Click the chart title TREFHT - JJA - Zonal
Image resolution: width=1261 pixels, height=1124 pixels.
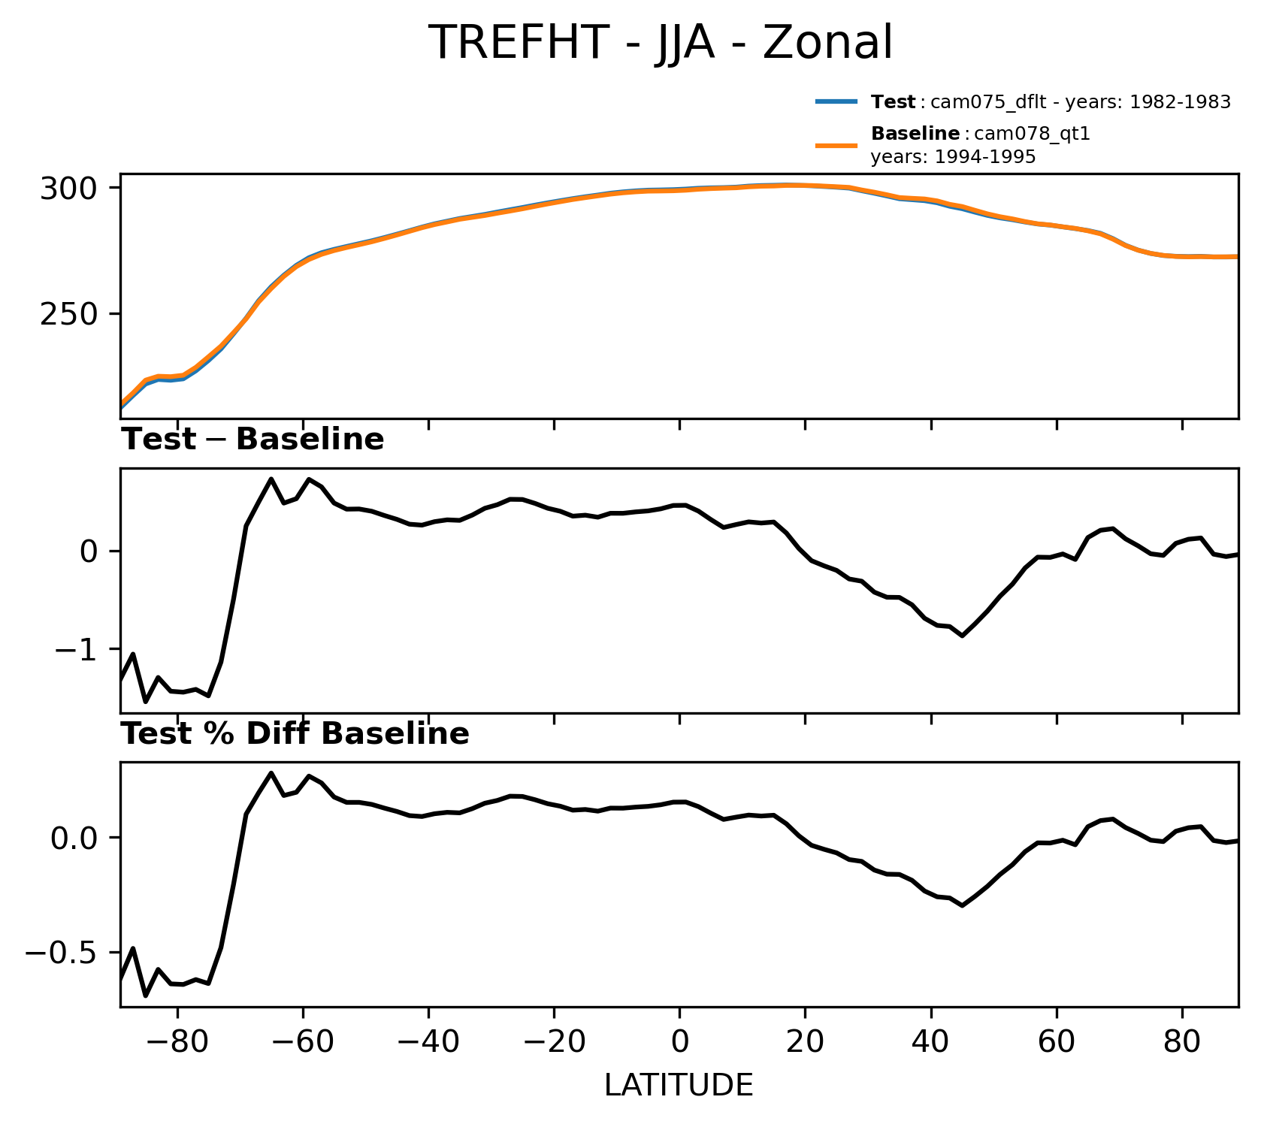click(660, 42)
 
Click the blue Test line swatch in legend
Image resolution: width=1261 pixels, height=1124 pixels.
click(836, 102)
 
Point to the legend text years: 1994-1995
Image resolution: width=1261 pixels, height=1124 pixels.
click(953, 157)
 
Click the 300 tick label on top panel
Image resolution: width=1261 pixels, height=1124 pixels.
click(69, 188)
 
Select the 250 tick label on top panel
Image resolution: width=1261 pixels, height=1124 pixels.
click(69, 314)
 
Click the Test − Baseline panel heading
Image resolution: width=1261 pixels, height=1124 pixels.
click(253, 440)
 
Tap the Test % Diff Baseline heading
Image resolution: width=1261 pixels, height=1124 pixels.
click(295, 735)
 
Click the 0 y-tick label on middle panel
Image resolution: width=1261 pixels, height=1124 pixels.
click(89, 551)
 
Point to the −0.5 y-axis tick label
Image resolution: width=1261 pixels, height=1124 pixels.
click(62, 953)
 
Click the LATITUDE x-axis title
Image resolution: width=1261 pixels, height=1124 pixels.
click(679, 1085)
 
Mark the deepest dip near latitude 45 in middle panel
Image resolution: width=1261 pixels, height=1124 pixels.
click(962, 636)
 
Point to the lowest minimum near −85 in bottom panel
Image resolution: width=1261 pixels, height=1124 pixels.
click(146, 996)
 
